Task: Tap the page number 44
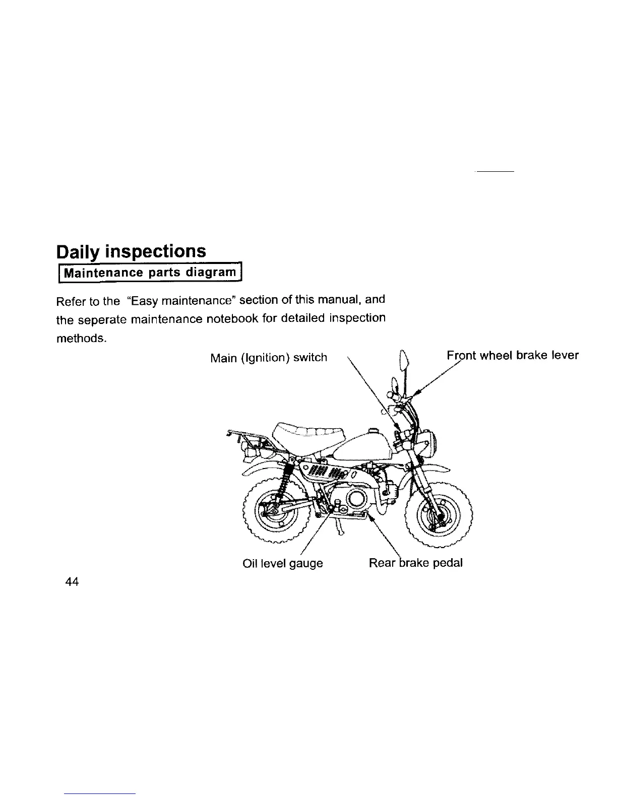[72, 581]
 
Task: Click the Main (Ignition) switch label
[268, 358]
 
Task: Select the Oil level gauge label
[282, 563]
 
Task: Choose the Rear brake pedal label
[415, 563]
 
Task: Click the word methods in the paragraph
[80, 338]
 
